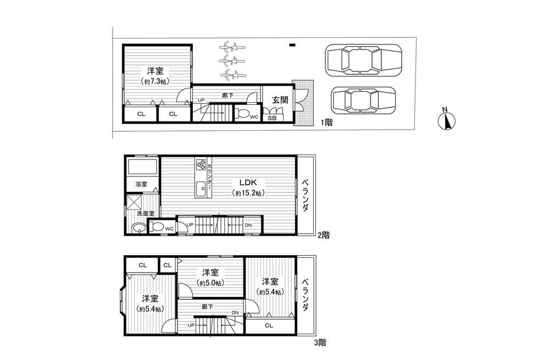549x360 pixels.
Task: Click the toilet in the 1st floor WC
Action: (x=242, y=114)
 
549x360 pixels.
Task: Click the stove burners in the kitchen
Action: (x=201, y=165)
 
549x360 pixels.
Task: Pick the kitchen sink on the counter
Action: (x=201, y=188)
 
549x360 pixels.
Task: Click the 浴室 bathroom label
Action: (x=141, y=184)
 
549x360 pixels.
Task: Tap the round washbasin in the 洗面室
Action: (x=139, y=229)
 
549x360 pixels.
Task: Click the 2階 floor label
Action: (x=323, y=235)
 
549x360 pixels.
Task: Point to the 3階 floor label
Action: (x=320, y=342)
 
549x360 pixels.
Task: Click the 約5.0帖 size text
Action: (x=209, y=283)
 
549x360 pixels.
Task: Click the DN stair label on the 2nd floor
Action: (x=248, y=225)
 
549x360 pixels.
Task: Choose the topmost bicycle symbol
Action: (x=231, y=47)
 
